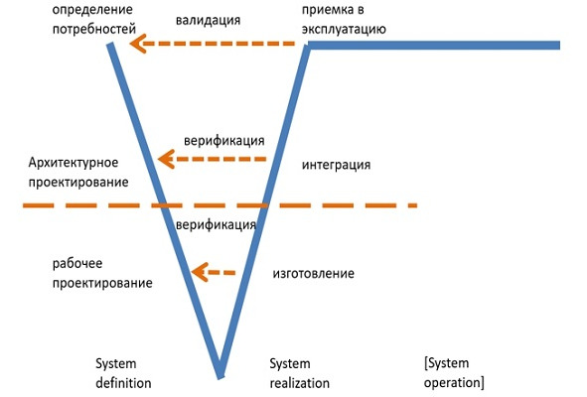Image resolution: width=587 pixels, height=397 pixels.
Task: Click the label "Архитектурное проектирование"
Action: point(78,172)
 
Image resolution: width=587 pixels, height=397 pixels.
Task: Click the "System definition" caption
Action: point(123,372)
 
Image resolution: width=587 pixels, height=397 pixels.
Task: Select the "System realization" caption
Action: point(299,372)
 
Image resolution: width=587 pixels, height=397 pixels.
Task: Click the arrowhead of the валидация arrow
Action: point(139,43)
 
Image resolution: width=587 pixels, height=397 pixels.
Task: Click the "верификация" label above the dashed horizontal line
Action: point(223,139)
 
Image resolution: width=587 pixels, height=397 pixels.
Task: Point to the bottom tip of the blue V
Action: point(220,374)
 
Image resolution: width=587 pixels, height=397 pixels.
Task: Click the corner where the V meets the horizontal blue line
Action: point(309,46)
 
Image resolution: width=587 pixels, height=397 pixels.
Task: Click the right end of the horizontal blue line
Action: point(558,45)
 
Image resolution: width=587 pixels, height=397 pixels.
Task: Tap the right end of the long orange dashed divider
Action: point(414,205)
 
